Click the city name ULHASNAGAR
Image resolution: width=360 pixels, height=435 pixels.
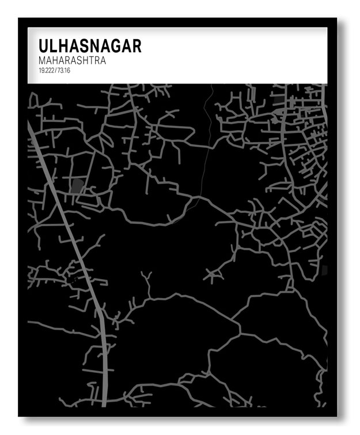89,46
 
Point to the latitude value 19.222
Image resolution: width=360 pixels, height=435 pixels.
46,70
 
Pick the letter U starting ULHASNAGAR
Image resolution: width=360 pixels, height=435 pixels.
44,46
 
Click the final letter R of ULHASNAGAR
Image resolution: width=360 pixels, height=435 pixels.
136,46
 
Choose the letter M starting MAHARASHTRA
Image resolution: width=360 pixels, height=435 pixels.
42,60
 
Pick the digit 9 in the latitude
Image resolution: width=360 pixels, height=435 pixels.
41,70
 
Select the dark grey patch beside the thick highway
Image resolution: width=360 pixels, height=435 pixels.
77,185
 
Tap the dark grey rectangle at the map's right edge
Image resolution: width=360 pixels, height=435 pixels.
324,270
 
